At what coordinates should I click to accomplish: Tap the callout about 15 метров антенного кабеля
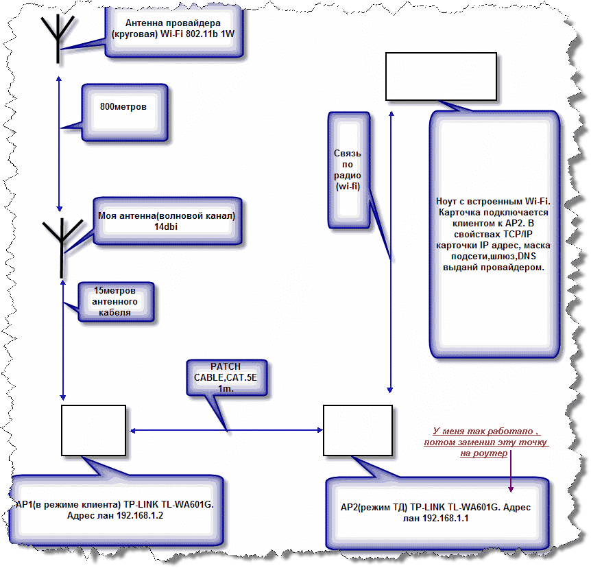click(x=116, y=302)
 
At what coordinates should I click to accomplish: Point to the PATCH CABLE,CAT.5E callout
click(x=225, y=377)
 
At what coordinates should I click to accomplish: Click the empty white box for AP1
click(x=93, y=430)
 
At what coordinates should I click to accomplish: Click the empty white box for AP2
click(x=357, y=430)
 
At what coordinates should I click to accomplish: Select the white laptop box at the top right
click(x=440, y=75)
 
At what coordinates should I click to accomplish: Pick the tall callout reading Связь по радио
click(x=348, y=170)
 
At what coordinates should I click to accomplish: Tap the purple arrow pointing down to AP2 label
click(x=511, y=473)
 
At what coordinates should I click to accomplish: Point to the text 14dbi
click(x=166, y=227)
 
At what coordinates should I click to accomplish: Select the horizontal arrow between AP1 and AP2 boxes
click(x=226, y=431)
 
